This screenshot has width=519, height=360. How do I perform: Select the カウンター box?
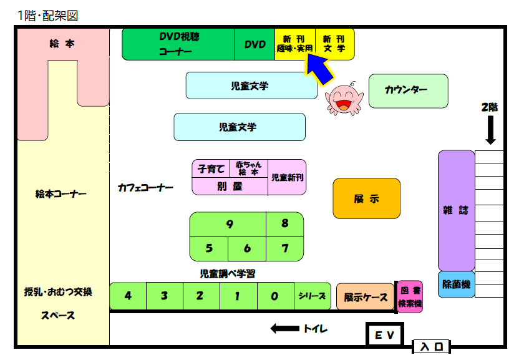[x=408, y=90]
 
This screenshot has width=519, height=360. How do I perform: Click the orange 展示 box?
[x=366, y=199]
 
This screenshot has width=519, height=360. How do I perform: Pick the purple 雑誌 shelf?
[x=456, y=210]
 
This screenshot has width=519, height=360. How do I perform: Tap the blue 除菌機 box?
[x=456, y=285]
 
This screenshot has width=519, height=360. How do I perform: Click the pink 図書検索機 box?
[x=410, y=296]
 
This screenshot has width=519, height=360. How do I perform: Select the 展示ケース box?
[x=366, y=297]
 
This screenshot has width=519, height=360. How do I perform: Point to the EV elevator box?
[x=384, y=335]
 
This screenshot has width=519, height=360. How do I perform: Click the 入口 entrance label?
[x=431, y=347]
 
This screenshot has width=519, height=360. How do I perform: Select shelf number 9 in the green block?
[x=229, y=224]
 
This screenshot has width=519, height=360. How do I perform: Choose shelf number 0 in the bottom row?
[x=274, y=296]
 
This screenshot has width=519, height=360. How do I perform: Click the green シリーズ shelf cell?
[x=312, y=296]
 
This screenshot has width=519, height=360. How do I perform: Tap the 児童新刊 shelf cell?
[x=288, y=177]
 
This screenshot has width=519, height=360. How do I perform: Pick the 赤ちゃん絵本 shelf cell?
[x=249, y=168]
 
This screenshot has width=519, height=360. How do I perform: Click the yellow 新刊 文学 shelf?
[x=334, y=44]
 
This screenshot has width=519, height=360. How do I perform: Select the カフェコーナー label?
[x=145, y=188]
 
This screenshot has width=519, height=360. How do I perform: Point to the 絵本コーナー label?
[x=61, y=194]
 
